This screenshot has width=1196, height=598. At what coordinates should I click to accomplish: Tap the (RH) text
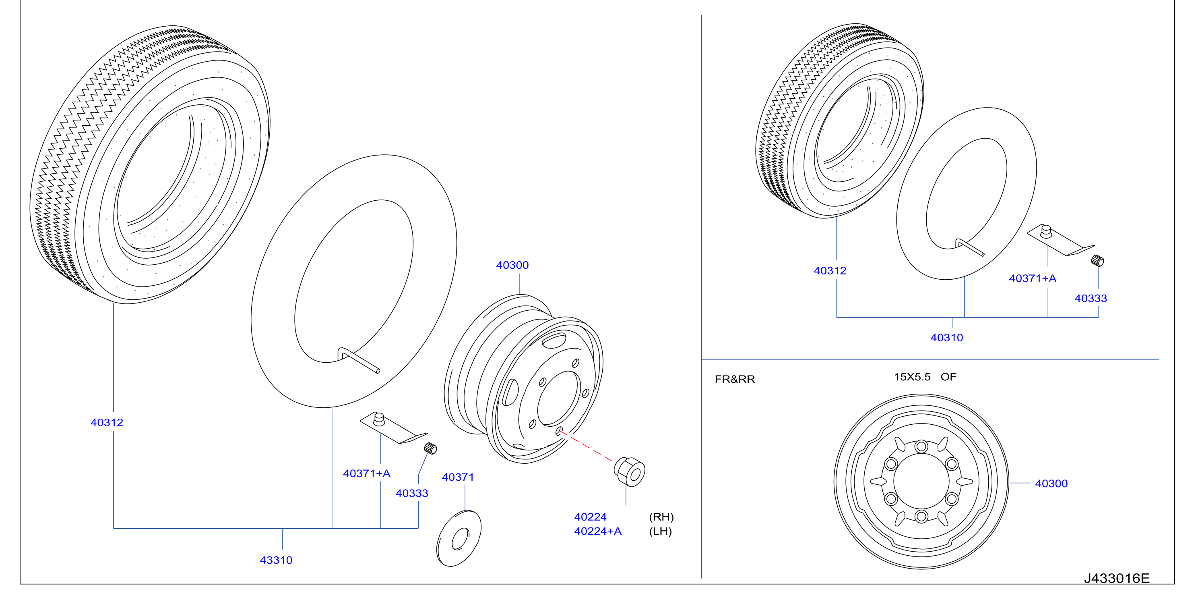point(661,517)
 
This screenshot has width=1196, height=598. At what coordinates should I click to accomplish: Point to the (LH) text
point(660,531)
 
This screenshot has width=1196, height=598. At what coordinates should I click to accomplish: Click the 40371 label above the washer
point(458,477)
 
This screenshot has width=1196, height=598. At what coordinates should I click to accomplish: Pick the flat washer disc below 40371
point(459,538)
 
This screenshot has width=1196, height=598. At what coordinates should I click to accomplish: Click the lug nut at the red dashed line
point(629,471)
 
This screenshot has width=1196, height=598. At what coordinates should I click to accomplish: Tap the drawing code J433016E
point(1117,579)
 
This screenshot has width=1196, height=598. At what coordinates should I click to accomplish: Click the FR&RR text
point(735,379)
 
